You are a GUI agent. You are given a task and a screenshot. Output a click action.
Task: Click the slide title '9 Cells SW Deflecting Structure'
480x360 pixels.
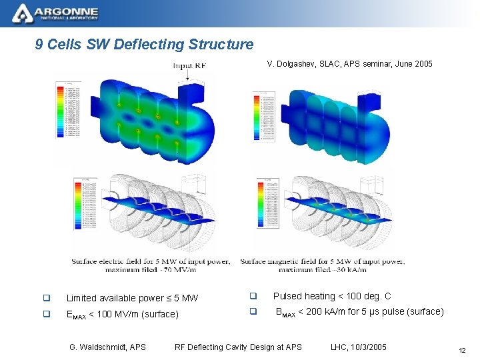145,45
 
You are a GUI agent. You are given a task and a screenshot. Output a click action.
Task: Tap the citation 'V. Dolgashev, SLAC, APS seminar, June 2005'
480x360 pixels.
349,64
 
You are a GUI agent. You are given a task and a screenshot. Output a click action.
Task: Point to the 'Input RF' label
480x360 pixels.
191,66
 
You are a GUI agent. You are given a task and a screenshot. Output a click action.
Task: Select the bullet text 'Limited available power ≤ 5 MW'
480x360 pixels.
132,298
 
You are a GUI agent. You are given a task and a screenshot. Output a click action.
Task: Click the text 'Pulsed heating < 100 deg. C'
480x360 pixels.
332,296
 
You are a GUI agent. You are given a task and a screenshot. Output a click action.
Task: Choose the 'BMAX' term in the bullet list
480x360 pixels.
285,312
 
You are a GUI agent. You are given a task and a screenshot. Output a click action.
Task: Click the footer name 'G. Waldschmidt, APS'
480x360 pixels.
107,347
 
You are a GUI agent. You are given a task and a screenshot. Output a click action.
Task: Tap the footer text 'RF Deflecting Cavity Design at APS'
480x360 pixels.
238,347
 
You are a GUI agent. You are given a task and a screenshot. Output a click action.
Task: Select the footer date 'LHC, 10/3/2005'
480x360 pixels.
359,347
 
